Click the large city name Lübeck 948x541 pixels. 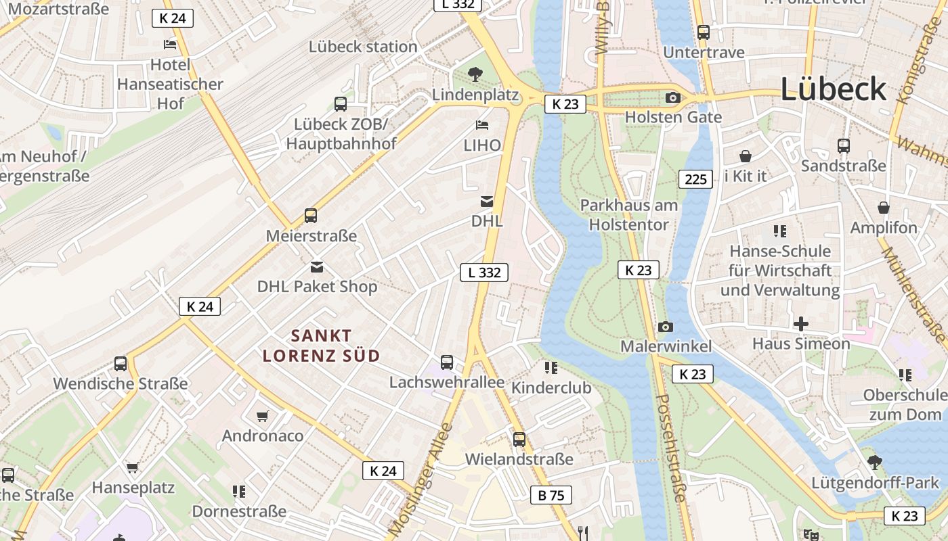834,89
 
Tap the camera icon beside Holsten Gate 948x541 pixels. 672,97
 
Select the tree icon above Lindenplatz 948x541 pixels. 476,74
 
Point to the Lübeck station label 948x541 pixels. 363,47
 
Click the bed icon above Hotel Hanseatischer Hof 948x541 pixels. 170,45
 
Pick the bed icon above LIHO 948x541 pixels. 482,125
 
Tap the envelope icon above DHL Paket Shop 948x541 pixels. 317,266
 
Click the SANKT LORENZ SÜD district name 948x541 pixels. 321,346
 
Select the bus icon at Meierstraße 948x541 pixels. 311,216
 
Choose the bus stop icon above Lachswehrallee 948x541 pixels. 447,362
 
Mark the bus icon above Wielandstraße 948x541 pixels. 519,439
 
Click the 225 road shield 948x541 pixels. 695,179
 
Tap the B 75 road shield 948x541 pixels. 551,495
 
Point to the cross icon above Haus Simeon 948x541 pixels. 801,324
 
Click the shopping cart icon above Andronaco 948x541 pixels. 263,416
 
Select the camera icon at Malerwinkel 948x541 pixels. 666,327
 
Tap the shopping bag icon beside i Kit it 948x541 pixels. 746,156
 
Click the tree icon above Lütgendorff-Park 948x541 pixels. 875,463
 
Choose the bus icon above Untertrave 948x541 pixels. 704,32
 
